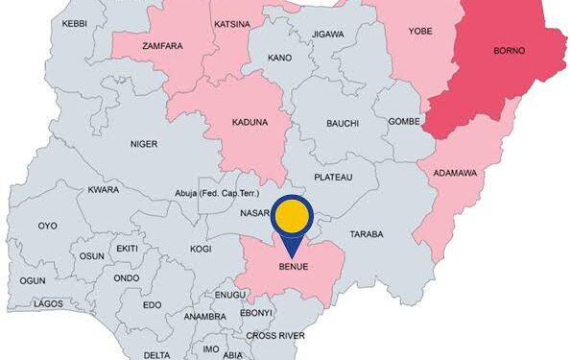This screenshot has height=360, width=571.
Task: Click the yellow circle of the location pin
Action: pos(292,216)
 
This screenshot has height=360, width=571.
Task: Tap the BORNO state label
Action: pos(509,50)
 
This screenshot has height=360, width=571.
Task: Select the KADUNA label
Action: pos(250,124)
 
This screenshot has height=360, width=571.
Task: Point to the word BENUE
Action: pos(292,266)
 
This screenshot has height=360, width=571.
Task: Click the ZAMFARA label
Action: pos(162,45)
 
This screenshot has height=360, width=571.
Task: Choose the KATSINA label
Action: pos(232,22)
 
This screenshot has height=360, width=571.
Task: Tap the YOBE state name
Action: pos(420,31)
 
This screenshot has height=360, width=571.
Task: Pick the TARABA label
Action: pos(366,234)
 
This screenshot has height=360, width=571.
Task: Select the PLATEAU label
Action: pos(333,178)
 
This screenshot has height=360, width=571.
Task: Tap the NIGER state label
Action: pos(144,145)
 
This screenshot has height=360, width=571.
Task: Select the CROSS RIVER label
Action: pos(275,335)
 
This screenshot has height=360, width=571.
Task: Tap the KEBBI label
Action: pos(74,22)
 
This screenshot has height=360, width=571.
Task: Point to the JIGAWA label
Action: pos(327,35)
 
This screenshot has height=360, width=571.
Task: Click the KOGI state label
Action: pos(201,249)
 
